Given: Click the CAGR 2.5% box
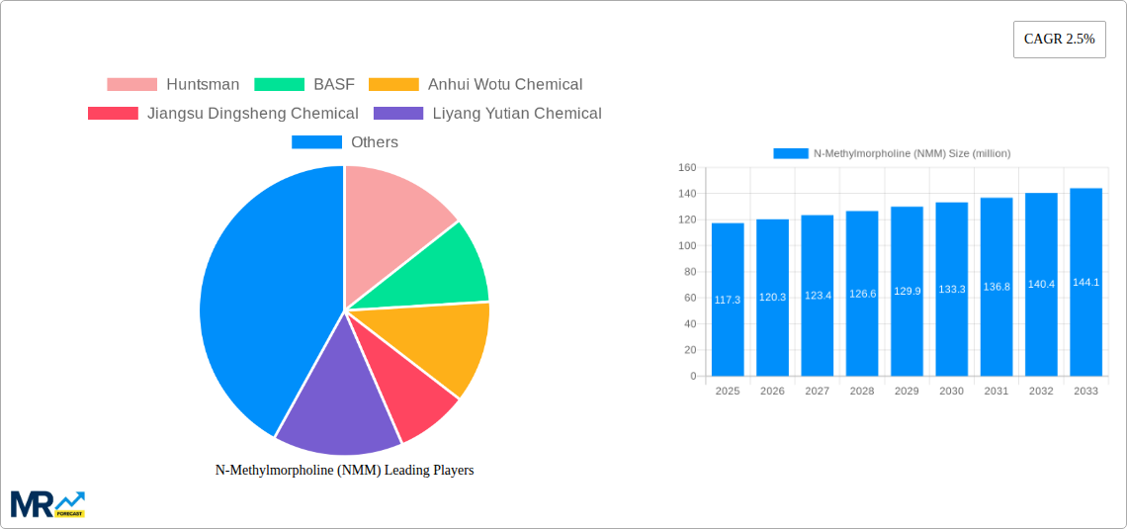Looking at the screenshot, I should coord(1059,40).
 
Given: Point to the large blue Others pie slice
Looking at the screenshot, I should coord(262,297).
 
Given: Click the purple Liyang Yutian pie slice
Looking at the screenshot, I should coord(336,396).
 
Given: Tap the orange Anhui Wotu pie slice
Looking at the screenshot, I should coord(445,346).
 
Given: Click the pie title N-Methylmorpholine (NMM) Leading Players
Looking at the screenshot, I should coord(344,471).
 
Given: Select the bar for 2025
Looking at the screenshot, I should coord(728,300).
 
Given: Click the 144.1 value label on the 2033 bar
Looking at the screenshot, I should coord(1086,283).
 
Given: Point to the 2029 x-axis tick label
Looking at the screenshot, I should coord(907,392).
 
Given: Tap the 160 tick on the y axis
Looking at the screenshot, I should coord(686,167).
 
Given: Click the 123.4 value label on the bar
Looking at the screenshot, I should coord(818,295).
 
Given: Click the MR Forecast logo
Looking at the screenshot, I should coord(47,503).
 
